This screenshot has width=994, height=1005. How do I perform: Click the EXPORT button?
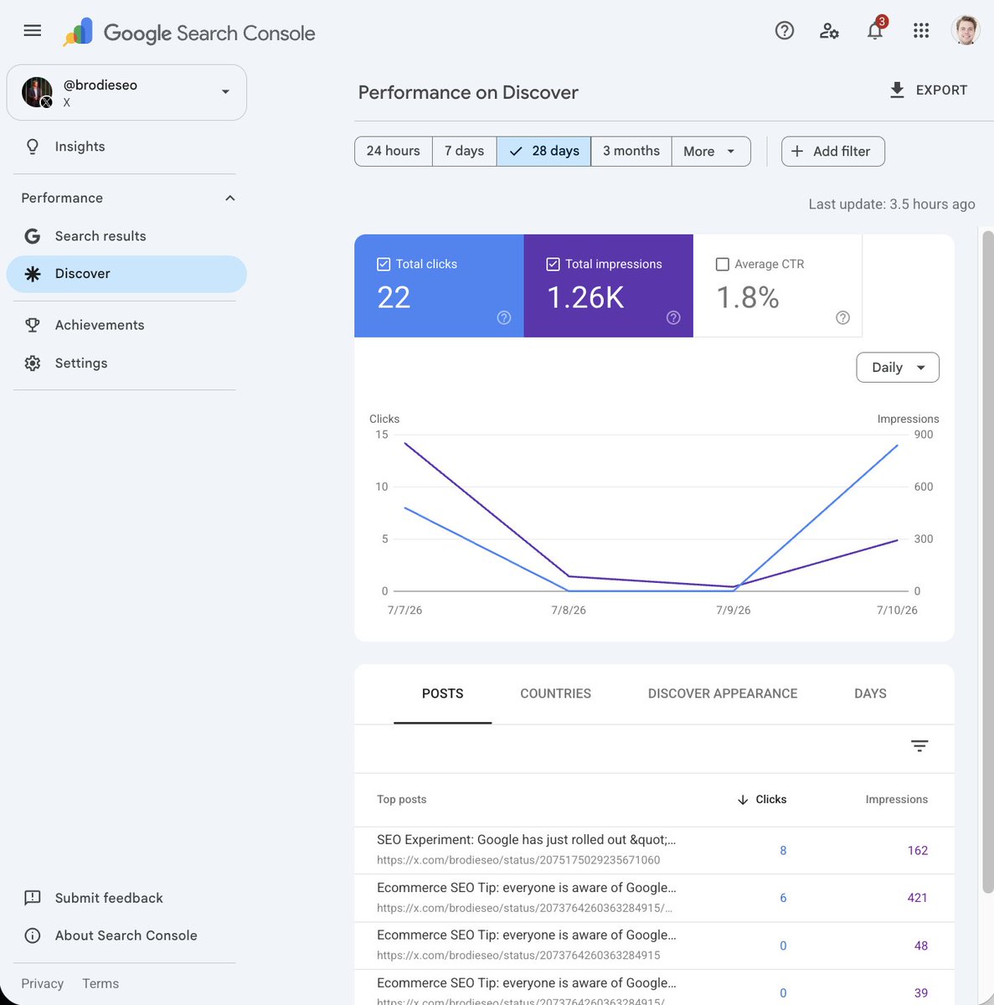tap(929, 90)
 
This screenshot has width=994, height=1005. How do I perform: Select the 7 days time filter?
tap(464, 152)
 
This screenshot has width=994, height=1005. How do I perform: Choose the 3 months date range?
tap(631, 152)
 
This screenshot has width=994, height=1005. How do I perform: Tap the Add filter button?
tap(833, 152)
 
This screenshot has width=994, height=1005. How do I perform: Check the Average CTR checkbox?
tap(723, 265)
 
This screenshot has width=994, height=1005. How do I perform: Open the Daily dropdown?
tap(898, 367)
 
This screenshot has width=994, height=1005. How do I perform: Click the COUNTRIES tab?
tap(555, 693)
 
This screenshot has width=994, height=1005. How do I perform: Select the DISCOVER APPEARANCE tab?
tap(723, 693)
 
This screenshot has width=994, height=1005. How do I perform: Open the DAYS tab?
tap(870, 693)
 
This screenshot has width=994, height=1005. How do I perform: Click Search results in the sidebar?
tap(100, 236)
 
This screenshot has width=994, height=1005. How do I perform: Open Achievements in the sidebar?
tap(100, 325)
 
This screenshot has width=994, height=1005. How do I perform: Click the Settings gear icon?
tap(33, 363)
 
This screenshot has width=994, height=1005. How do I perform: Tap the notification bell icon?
tap(874, 31)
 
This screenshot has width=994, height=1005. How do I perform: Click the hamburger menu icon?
tap(33, 30)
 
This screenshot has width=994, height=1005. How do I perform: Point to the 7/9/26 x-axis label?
tap(733, 610)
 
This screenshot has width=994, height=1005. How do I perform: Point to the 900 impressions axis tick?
tap(923, 435)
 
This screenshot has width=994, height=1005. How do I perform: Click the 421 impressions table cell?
tap(917, 898)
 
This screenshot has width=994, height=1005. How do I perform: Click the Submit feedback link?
tap(109, 898)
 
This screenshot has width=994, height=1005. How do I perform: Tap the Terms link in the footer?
tap(100, 983)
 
